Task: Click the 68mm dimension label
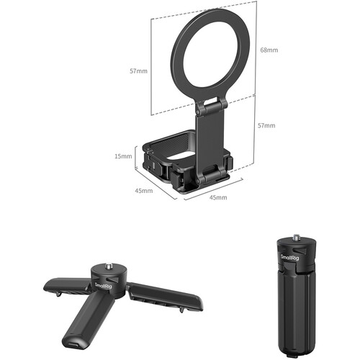(269, 50)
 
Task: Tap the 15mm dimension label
(123, 156)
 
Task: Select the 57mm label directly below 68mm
(266, 125)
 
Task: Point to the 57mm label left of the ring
(138, 71)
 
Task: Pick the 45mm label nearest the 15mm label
(144, 191)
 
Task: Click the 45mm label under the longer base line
(218, 197)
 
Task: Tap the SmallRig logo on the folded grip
(290, 257)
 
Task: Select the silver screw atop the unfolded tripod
(108, 266)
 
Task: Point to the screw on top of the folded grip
(295, 237)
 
